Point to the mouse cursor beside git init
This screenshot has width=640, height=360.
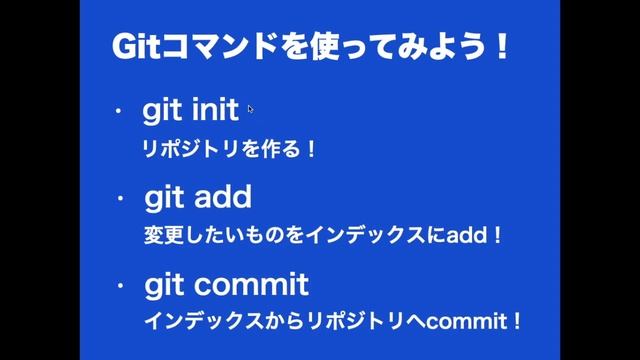[250, 109]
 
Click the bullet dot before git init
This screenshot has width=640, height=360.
[119, 112]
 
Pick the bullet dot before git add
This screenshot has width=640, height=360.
[119, 198]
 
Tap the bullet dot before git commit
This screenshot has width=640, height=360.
[119, 287]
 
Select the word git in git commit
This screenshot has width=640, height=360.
[163, 287]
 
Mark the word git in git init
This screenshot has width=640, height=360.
[161, 111]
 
